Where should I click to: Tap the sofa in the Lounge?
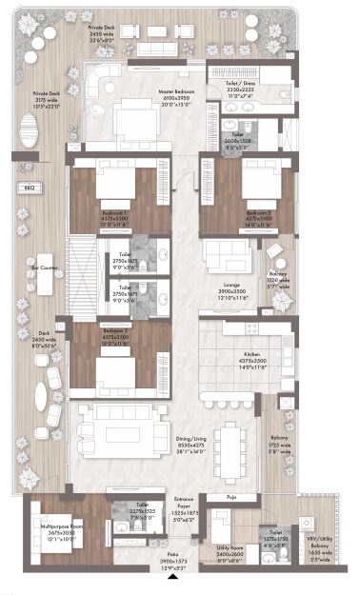pos(225,254)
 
